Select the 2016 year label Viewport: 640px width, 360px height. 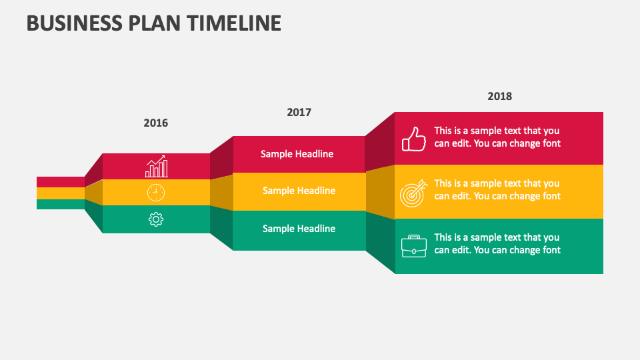(156, 123)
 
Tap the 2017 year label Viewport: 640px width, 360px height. (299, 112)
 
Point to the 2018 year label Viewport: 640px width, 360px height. (499, 96)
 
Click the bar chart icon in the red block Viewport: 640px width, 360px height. (156, 167)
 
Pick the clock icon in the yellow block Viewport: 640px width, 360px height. (155, 193)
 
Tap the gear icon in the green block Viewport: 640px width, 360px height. (156, 219)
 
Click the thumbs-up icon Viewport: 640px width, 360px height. (413, 139)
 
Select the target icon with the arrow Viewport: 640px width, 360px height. (412, 193)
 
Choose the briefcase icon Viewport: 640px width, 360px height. (413, 246)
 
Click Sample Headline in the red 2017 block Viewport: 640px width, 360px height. (297, 154)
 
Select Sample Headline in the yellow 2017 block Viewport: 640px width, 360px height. (299, 191)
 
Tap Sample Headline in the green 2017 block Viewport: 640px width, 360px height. (299, 229)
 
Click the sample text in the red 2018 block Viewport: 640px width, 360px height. (497, 137)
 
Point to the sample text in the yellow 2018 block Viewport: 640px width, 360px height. (497, 189)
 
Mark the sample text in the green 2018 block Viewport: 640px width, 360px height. (497, 243)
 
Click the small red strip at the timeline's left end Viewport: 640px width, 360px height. (60, 181)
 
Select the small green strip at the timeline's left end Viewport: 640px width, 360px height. (60, 205)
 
